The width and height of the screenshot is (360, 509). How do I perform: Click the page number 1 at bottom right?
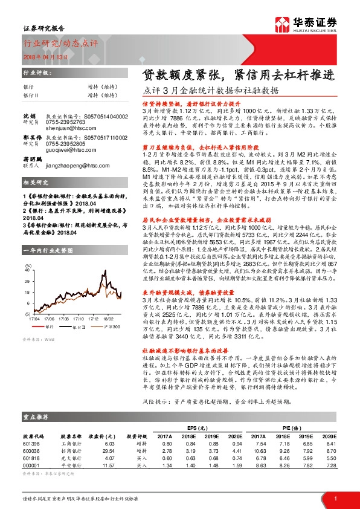335,498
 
